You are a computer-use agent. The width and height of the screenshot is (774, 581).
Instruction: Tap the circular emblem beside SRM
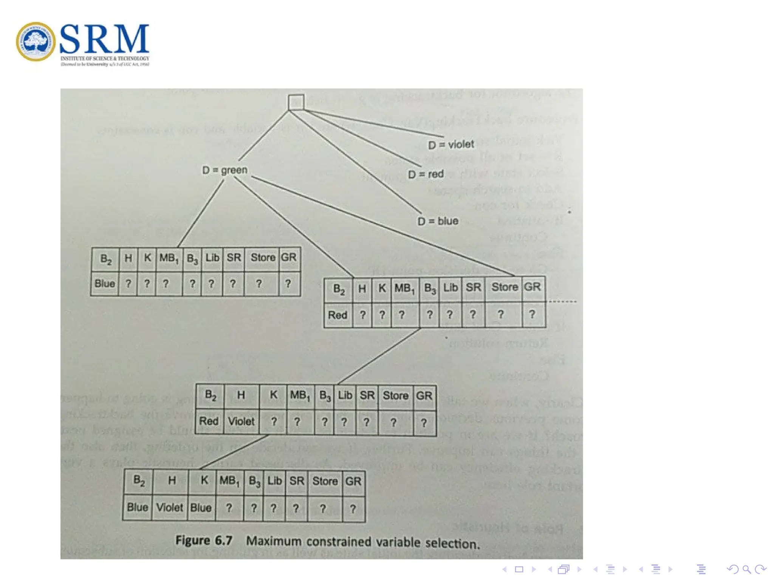pyautogui.click(x=36, y=42)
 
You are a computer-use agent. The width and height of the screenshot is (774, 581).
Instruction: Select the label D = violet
pyautogui.click(x=450, y=144)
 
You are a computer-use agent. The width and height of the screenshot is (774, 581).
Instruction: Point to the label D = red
pyautogui.click(x=426, y=174)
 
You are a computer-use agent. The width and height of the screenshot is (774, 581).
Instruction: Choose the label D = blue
pyautogui.click(x=438, y=221)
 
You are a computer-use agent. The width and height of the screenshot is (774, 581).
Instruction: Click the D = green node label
pyautogui.click(x=225, y=170)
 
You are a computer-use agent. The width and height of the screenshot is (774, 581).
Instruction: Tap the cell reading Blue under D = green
pyautogui.click(x=105, y=283)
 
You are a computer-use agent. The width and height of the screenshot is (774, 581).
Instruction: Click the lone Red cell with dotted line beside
pyautogui.click(x=337, y=315)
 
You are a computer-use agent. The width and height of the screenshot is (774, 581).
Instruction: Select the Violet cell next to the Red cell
pyautogui.click(x=241, y=421)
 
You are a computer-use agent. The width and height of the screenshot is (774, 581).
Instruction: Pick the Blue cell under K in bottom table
pyautogui.click(x=201, y=508)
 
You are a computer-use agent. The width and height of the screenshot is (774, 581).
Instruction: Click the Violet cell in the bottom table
pyautogui.click(x=170, y=508)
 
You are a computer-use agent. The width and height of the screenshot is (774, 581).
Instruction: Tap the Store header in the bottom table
pyautogui.click(x=325, y=481)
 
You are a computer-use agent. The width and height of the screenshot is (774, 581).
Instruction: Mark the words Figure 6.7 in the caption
pyautogui.click(x=204, y=541)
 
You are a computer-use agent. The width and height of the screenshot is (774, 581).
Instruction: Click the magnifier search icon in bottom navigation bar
pyautogui.click(x=746, y=569)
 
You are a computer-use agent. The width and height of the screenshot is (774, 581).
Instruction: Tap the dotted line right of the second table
pyautogui.click(x=562, y=301)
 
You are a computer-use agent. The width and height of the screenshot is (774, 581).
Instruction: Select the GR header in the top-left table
pyautogui.click(x=289, y=258)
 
